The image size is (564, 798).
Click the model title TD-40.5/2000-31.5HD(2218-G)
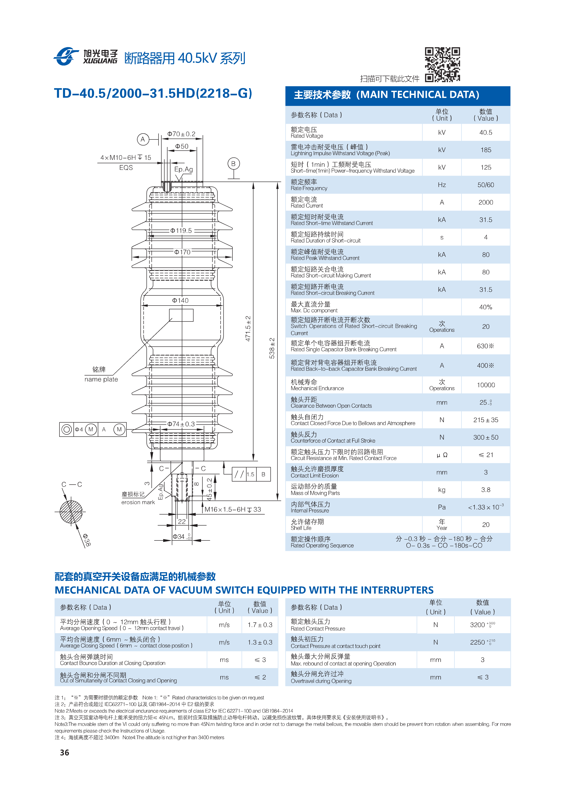pos(153,93)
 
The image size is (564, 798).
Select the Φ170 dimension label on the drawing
pos(182,252)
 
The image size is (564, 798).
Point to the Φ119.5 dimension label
pos(181,230)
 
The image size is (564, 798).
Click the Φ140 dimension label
pos(180,300)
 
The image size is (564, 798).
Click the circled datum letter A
pos(142,139)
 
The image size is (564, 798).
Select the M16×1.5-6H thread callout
pos(233,510)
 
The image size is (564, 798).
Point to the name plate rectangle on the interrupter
pos(181,315)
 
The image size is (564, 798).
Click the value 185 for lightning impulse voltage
pos(485,150)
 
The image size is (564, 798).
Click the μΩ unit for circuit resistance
pos(442,455)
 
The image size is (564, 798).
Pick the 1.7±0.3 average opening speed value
pos(260,625)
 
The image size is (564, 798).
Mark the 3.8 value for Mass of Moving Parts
pos(485,490)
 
